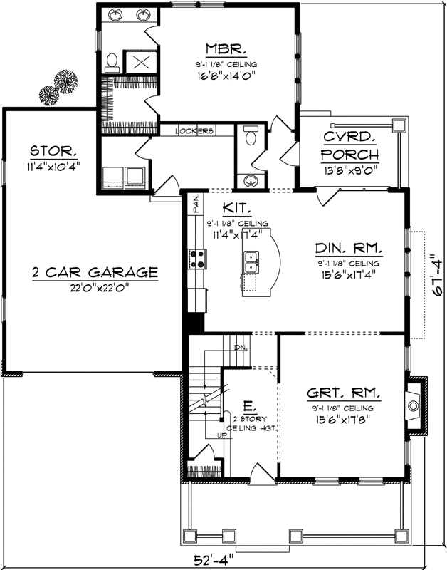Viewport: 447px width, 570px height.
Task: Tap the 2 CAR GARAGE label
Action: (x=95, y=272)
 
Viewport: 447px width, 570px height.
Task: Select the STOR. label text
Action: (x=54, y=151)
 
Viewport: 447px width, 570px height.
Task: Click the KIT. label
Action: (x=236, y=208)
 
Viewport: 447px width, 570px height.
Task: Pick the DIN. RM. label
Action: (x=349, y=249)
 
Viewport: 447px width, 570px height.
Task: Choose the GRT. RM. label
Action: (x=343, y=393)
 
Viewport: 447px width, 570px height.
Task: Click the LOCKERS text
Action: (x=194, y=131)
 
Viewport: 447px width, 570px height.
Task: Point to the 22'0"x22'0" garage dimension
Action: (x=95, y=287)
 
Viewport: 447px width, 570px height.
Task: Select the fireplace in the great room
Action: (x=414, y=407)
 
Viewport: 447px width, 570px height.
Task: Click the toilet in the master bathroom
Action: (x=112, y=63)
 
